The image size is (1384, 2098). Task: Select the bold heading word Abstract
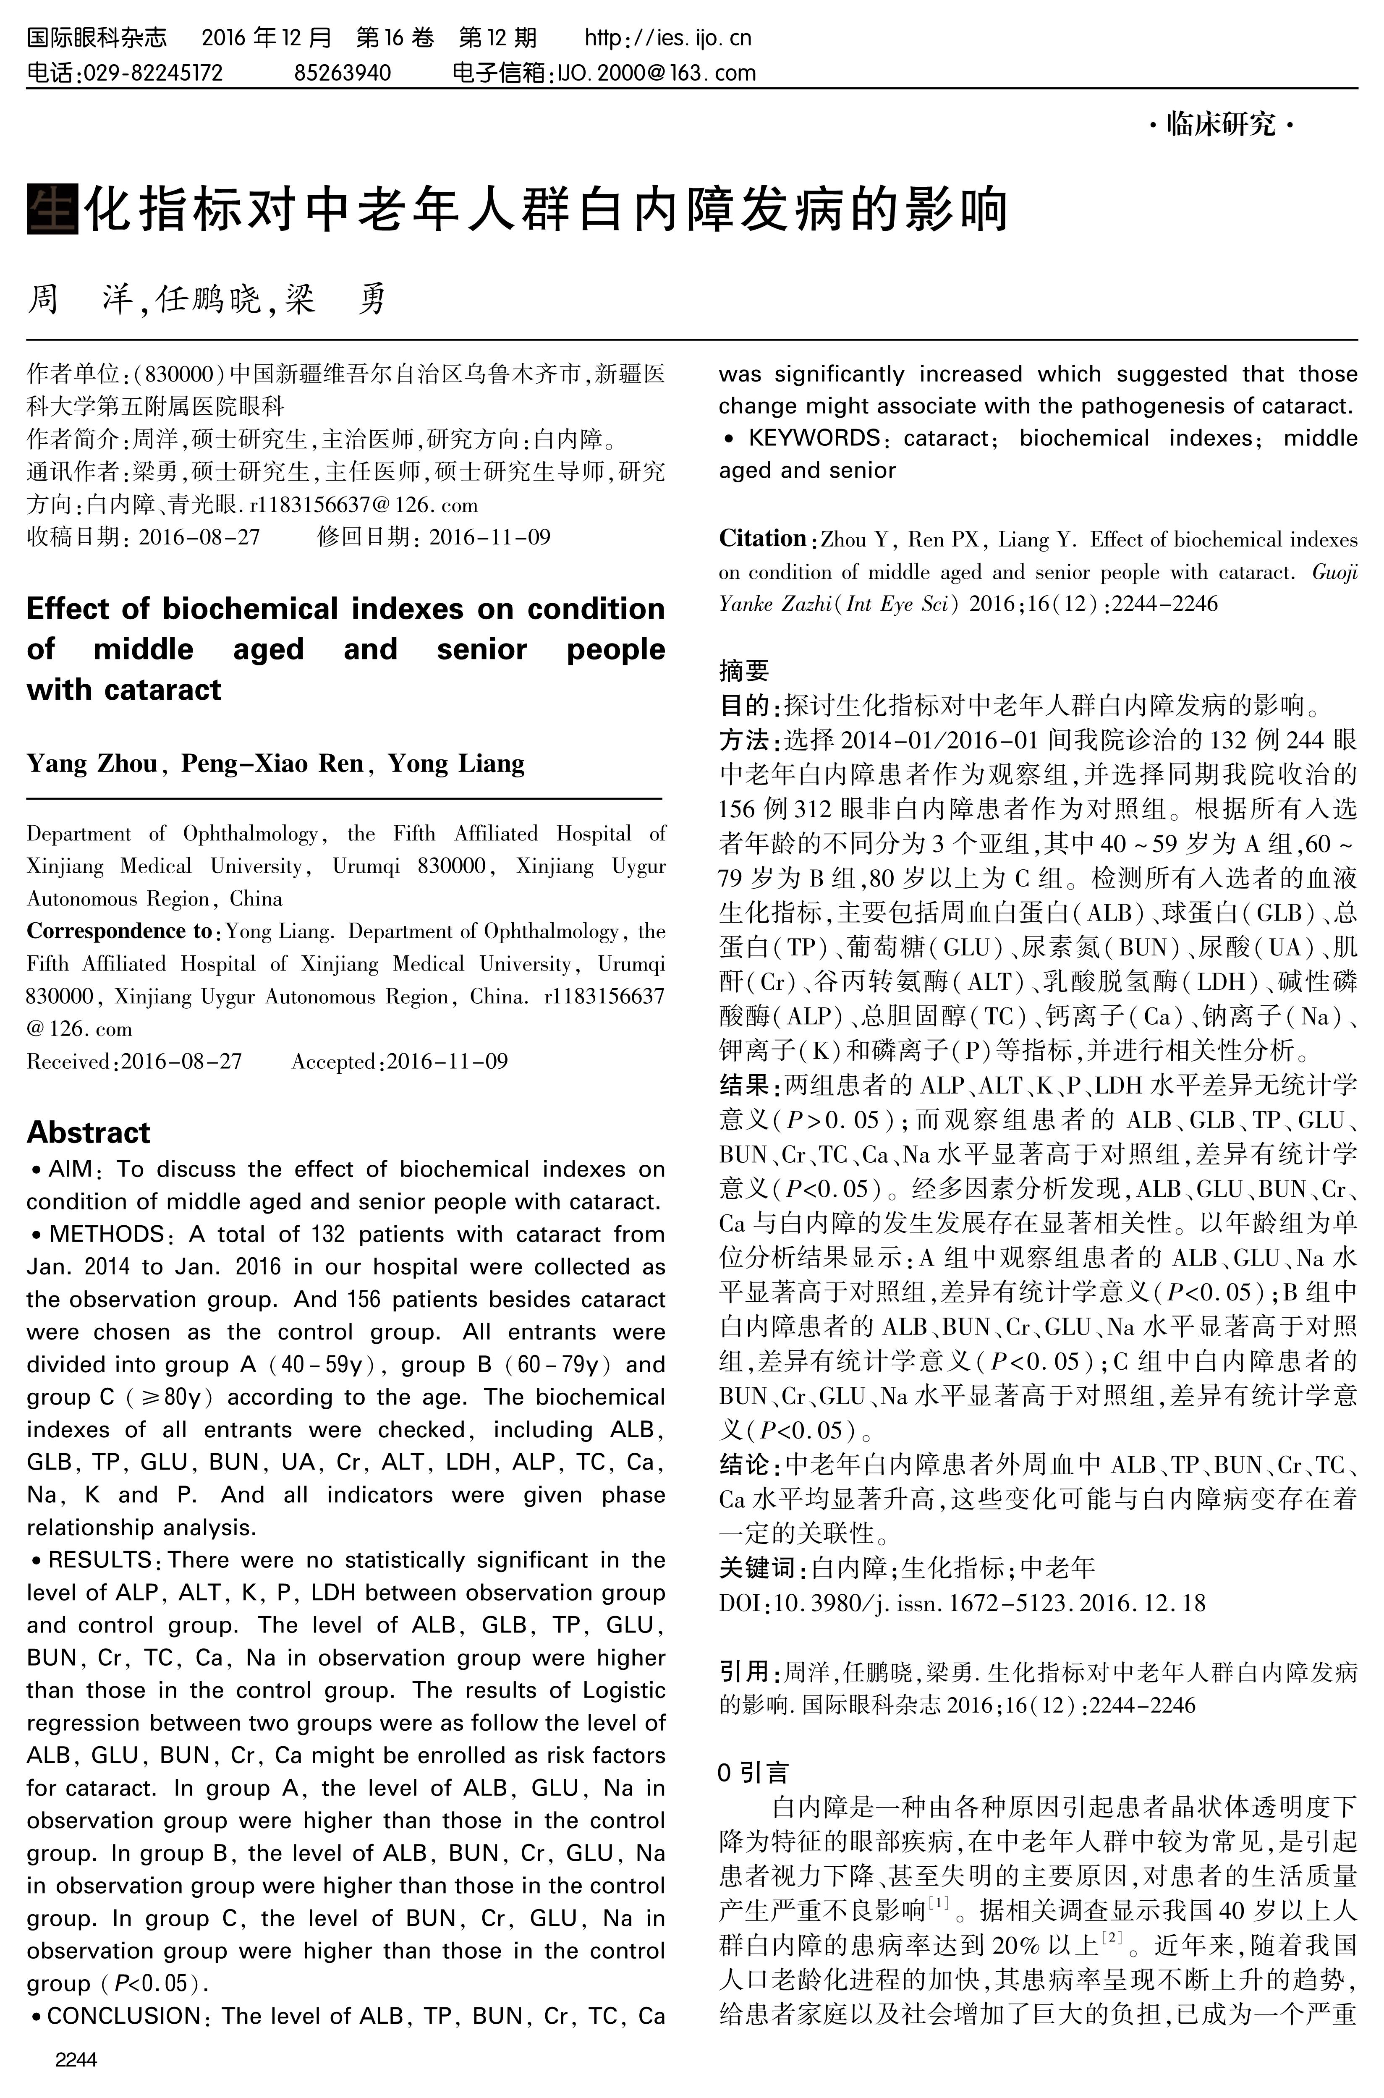click(x=88, y=1133)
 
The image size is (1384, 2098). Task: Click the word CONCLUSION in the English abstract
click(x=123, y=2016)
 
